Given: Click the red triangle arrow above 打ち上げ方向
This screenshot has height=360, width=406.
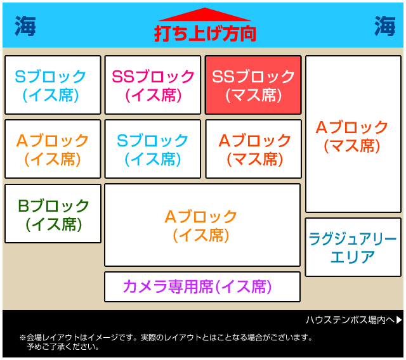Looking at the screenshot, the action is (204, 15).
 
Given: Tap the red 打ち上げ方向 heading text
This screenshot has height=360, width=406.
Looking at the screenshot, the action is (205, 34).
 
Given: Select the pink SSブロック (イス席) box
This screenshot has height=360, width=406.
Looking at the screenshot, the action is (153, 85).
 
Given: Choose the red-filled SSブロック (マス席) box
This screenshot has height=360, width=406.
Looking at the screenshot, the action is (253, 85).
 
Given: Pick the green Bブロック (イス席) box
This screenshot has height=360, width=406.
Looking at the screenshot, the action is (53, 214).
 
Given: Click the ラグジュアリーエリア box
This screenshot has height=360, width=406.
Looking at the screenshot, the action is (353, 247).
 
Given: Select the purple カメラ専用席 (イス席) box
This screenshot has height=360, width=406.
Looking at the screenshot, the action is (202, 287).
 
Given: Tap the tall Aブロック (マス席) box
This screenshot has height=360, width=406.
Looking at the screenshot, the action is (353, 134).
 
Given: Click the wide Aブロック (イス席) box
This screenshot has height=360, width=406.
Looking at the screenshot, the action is (202, 225).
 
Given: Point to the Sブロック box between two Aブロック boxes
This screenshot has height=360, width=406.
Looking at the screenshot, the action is (153, 149).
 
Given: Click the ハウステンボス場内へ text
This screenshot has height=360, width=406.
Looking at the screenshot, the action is (350, 320).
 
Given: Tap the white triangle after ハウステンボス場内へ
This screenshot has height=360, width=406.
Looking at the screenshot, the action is (399, 320).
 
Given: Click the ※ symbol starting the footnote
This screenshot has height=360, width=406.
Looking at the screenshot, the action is (23, 337).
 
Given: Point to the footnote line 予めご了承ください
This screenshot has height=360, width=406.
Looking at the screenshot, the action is (63, 347).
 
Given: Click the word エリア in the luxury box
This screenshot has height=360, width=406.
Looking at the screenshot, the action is (353, 257).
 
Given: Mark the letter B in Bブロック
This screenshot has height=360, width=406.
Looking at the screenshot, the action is (24, 206).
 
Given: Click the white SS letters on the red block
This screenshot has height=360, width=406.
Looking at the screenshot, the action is (224, 77).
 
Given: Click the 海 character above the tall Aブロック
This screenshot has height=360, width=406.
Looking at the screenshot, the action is (385, 26).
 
